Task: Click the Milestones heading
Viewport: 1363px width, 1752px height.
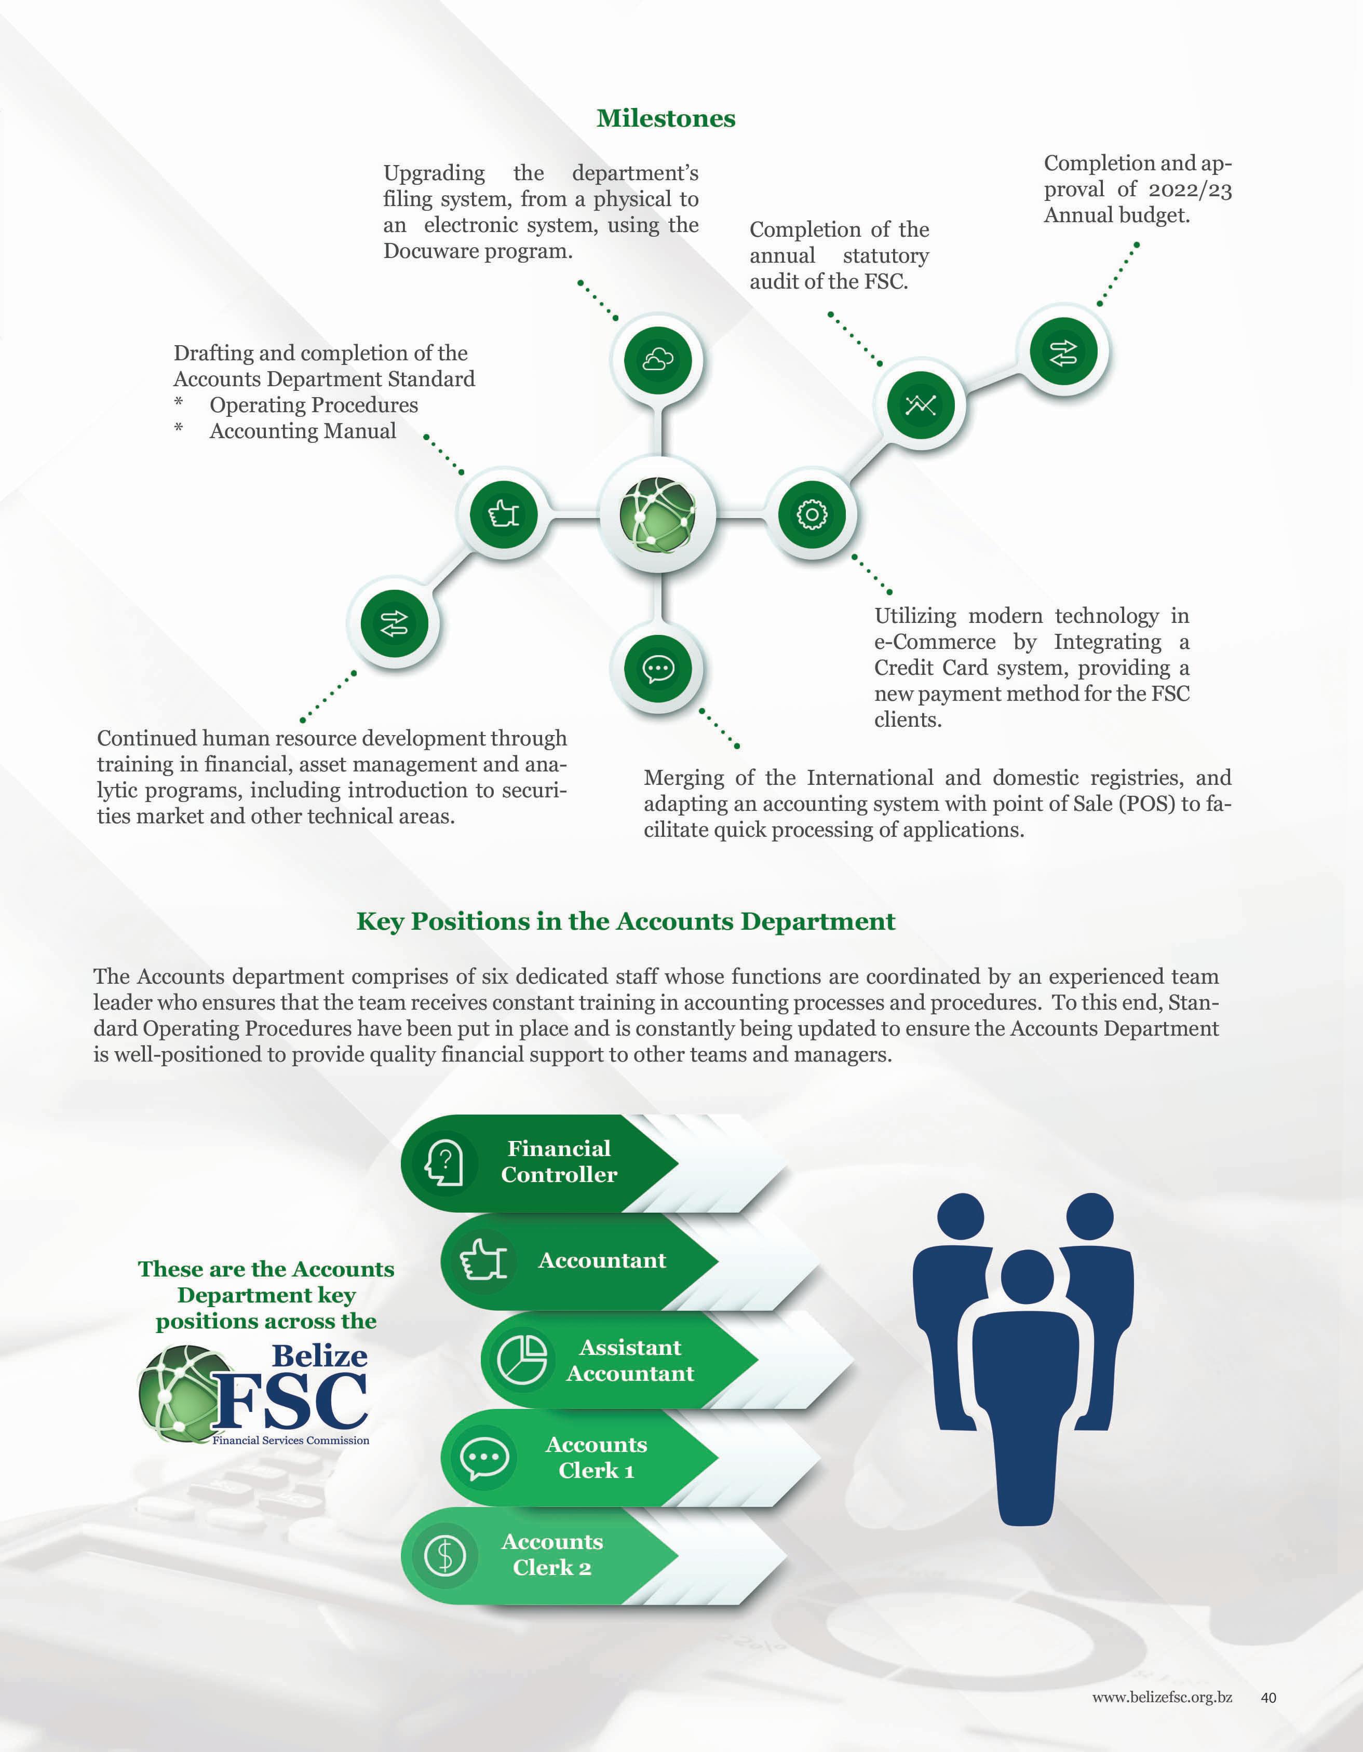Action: pos(666,119)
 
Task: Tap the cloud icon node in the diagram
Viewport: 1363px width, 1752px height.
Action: pos(658,359)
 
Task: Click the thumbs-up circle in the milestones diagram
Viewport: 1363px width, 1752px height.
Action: pos(504,513)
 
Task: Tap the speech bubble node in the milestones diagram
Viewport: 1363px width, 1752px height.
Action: pos(658,668)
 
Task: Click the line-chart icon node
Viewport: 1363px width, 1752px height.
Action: pos(921,404)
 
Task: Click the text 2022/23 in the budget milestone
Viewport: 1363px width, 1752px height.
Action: pos(1190,189)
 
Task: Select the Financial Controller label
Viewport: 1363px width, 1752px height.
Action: pos(559,1161)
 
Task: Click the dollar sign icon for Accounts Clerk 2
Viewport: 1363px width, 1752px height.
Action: pos(444,1555)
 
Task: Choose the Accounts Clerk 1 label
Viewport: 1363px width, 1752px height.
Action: pos(596,1457)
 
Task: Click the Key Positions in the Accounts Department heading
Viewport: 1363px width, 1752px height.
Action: pos(626,921)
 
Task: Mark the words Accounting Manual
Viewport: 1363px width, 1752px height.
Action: pos(302,431)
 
